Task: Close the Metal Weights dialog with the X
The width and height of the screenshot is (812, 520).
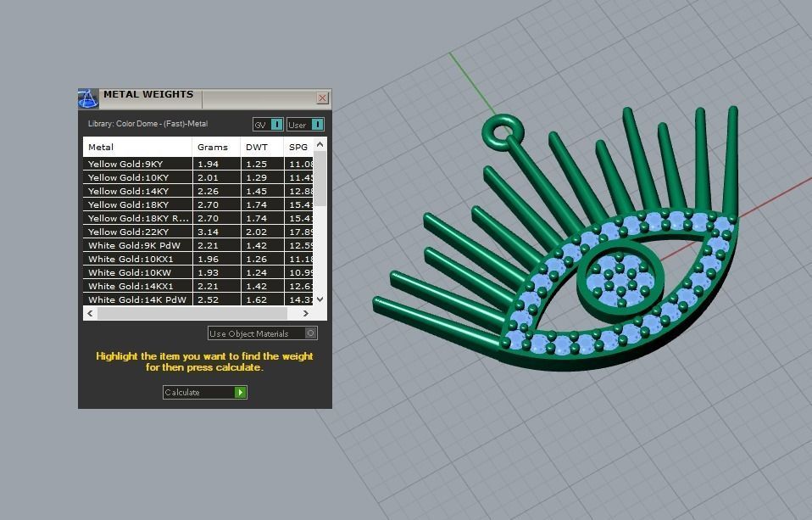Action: [x=322, y=98]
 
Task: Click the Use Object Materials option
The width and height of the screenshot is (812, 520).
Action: [x=262, y=333]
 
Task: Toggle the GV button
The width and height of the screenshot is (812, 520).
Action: [x=268, y=125]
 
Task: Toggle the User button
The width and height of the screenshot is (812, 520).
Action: [x=305, y=125]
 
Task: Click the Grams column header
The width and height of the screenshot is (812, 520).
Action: [x=212, y=147]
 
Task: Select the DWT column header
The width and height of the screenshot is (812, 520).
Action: [x=256, y=147]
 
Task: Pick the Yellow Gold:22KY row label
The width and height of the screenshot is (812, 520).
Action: [x=129, y=232]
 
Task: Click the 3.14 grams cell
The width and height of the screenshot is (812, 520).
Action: [x=208, y=232]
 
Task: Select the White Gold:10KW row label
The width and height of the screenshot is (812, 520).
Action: [x=131, y=272]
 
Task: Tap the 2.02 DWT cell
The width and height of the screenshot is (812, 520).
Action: [x=256, y=232]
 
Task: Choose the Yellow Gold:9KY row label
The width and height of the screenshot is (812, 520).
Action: [x=125, y=164]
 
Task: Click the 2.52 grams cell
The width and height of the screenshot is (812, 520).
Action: [x=208, y=299]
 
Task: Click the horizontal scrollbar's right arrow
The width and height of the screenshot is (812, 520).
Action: [x=306, y=313]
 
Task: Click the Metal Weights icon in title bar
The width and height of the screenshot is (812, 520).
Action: [x=88, y=98]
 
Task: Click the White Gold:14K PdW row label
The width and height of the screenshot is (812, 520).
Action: [x=136, y=299]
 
